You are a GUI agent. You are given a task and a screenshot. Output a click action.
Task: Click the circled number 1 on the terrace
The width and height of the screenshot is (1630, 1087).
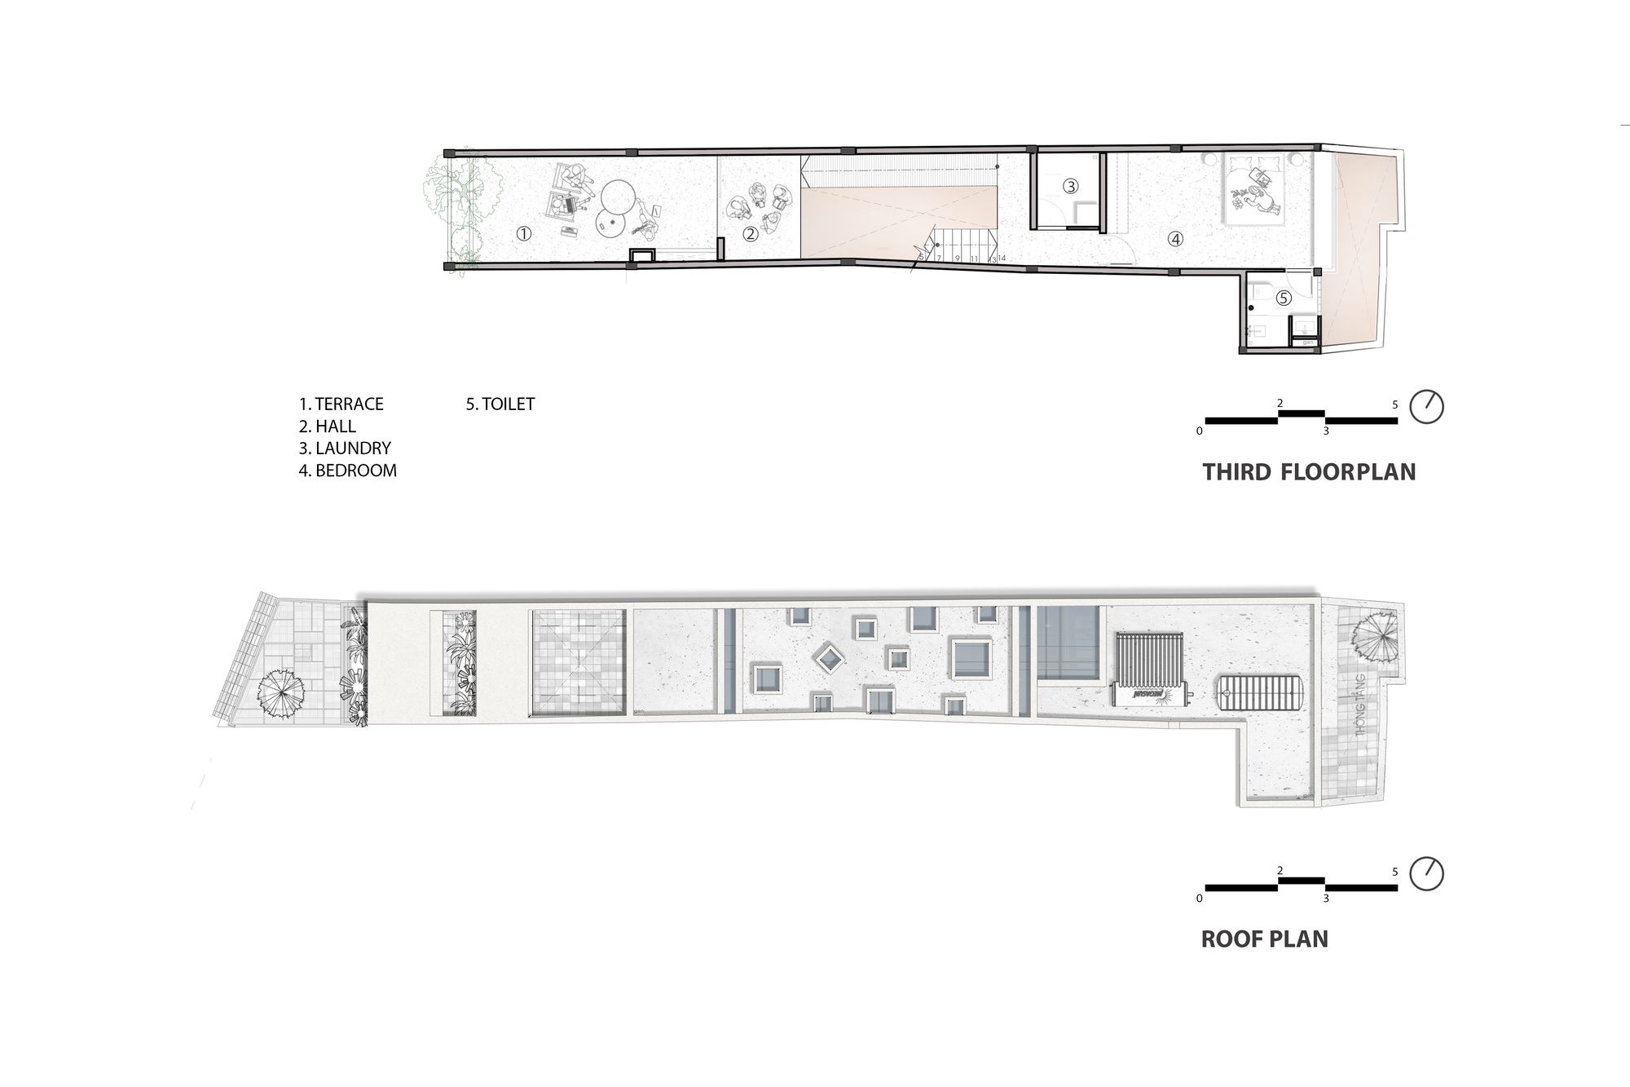click(524, 234)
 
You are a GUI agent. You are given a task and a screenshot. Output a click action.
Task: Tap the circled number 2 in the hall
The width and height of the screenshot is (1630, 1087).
click(751, 234)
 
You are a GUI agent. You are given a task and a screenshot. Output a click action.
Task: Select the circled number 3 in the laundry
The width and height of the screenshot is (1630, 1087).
click(1071, 187)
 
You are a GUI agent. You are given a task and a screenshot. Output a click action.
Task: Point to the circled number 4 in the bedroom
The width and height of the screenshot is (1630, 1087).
click(1174, 239)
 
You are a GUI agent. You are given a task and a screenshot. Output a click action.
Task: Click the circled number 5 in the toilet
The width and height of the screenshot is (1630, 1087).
click(1284, 298)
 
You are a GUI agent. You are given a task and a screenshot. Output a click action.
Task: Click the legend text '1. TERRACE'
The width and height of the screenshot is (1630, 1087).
click(341, 404)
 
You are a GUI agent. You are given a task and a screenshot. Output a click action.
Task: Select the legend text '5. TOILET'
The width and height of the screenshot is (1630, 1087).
click(500, 404)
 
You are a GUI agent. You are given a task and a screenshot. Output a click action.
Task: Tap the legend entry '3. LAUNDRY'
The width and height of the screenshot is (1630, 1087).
click(345, 448)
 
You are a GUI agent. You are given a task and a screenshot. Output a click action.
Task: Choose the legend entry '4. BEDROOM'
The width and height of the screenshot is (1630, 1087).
click(347, 471)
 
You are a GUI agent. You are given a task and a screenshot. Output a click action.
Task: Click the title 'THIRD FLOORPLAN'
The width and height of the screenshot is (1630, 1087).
click(1309, 472)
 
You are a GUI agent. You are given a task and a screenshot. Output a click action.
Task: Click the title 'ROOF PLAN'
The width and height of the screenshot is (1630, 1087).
click(1264, 939)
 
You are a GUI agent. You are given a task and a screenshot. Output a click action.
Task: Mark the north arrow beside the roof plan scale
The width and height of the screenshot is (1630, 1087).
click(1426, 873)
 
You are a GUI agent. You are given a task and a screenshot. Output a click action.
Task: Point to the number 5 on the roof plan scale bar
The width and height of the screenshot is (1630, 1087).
click(1394, 872)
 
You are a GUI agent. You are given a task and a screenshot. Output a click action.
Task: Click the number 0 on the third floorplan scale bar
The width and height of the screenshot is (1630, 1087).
click(1199, 431)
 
